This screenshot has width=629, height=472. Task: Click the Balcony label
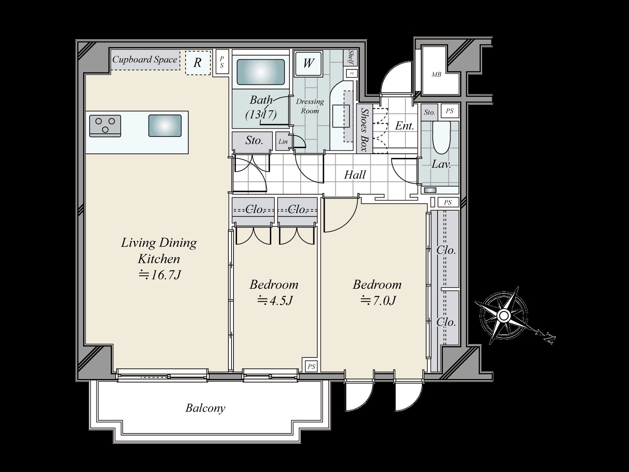tap(205, 408)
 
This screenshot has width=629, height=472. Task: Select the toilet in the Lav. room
tap(441, 138)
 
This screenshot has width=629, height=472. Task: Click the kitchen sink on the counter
tap(165, 125)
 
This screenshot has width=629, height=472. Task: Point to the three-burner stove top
tap(105, 126)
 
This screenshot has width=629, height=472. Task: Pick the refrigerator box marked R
tap(198, 63)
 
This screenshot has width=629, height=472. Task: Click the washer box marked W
tap(308, 63)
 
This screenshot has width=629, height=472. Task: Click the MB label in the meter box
tap(436, 75)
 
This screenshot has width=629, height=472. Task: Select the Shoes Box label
tap(364, 129)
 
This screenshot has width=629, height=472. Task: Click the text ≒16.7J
tap(160, 275)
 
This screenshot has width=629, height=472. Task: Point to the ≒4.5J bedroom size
tap(274, 301)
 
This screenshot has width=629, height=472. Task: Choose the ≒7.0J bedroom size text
tap(378, 301)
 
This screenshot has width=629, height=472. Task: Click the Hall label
tap(355, 175)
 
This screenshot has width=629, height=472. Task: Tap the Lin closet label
tap(283, 141)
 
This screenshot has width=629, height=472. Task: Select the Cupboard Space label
tap(144, 60)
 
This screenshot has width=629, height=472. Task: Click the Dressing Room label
tap(310, 106)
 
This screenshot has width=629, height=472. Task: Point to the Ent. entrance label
tap(405, 125)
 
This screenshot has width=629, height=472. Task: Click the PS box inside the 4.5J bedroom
tap(311, 366)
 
